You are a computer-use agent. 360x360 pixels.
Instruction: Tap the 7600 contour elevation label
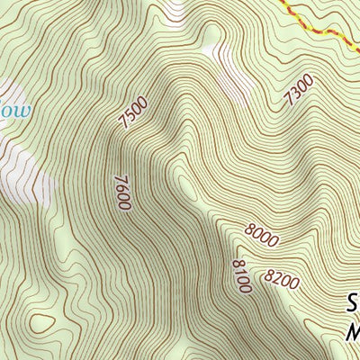[x=122, y=193]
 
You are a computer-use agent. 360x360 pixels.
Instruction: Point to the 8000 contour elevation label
[x=259, y=236]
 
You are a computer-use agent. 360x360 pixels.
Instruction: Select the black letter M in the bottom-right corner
[x=353, y=332]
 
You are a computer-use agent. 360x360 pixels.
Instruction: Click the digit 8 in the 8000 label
[x=247, y=230]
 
